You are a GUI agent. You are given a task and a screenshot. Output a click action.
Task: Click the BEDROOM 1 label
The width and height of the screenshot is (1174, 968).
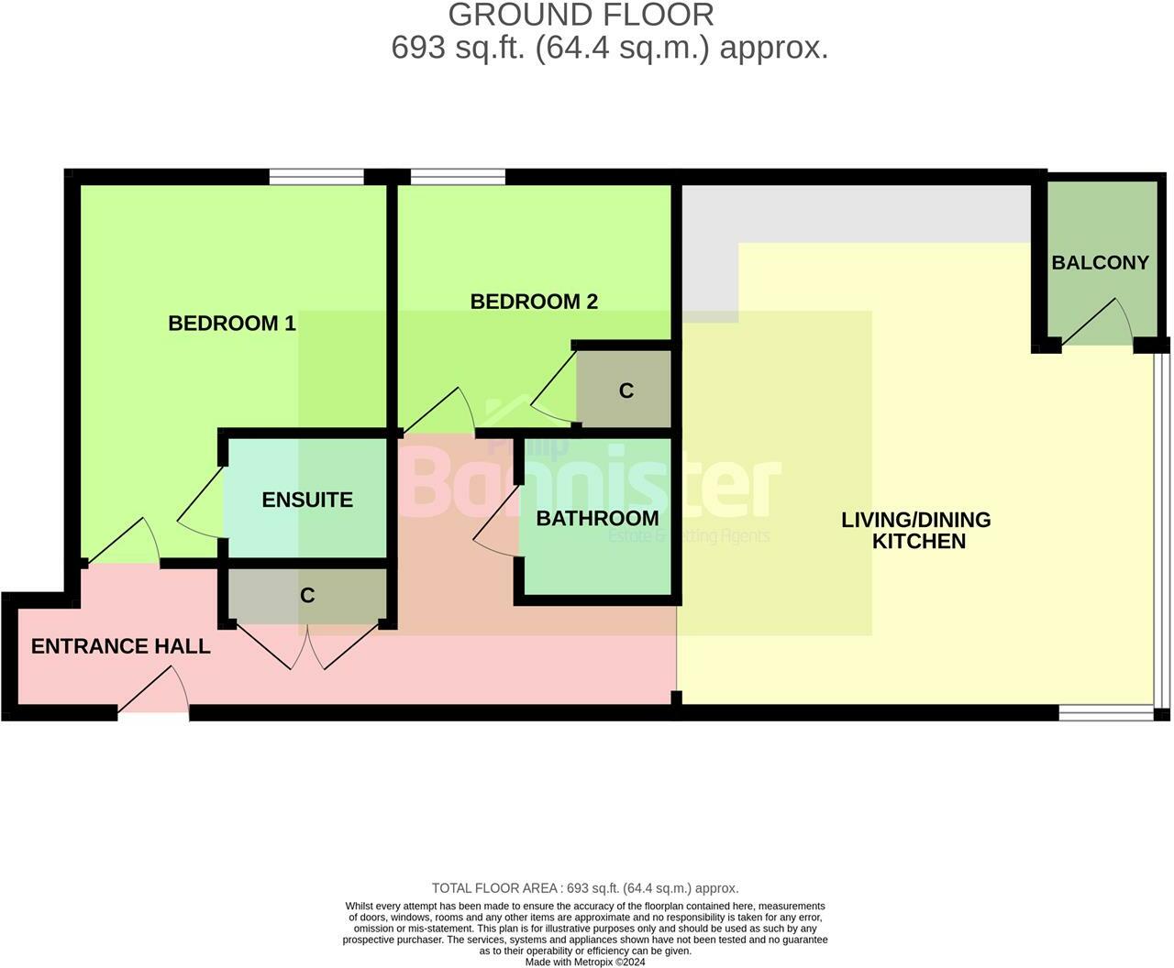tap(232, 323)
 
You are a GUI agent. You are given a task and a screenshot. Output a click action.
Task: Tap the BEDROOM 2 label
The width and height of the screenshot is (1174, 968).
tap(534, 302)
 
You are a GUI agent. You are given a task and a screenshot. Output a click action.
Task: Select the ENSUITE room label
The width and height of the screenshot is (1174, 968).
tap(307, 500)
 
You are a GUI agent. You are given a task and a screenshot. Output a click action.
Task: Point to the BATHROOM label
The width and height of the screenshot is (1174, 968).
tap(597, 518)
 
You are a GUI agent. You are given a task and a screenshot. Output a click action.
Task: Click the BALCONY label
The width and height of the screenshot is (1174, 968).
tap(1100, 262)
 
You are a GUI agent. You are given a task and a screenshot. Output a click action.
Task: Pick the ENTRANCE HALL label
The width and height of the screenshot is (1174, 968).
tap(120, 646)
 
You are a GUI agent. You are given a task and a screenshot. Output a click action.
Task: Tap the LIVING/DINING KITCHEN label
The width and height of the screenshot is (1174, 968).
tap(916, 530)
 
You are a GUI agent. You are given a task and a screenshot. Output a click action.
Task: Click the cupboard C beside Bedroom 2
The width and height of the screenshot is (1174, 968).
tap(626, 390)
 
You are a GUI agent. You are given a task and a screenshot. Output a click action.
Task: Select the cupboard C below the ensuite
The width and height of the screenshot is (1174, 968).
tap(307, 595)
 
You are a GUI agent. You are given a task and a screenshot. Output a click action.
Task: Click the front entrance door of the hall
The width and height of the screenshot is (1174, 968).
tap(154, 694)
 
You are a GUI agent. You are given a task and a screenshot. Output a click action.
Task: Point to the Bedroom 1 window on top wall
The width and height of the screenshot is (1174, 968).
tap(316, 177)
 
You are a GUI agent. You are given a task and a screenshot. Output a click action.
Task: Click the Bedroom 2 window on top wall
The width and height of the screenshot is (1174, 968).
tap(458, 177)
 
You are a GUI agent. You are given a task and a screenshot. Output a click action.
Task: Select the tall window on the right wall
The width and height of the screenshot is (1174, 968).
tap(1162, 532)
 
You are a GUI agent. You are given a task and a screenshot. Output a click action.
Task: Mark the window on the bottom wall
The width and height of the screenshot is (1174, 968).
tap(1105, 712)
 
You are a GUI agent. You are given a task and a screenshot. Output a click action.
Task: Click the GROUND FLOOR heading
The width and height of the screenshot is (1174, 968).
tap(581, 15)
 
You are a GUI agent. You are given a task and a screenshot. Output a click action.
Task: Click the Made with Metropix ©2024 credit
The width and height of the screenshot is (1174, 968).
tap(585, 962)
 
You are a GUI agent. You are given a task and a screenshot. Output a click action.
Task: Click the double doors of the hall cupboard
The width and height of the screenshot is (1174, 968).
tap(307, 648)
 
